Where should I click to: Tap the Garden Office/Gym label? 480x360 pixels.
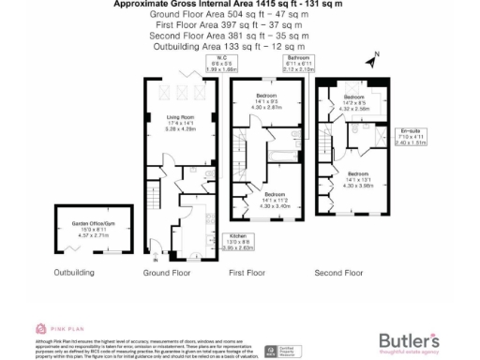pos(85,227)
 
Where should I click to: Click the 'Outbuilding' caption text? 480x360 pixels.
pos(74,273)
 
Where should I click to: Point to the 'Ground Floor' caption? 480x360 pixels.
pos(167,273)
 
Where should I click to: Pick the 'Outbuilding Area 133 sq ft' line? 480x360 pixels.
pos(239,45)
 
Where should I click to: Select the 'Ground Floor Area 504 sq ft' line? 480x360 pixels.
pos(239,16)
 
